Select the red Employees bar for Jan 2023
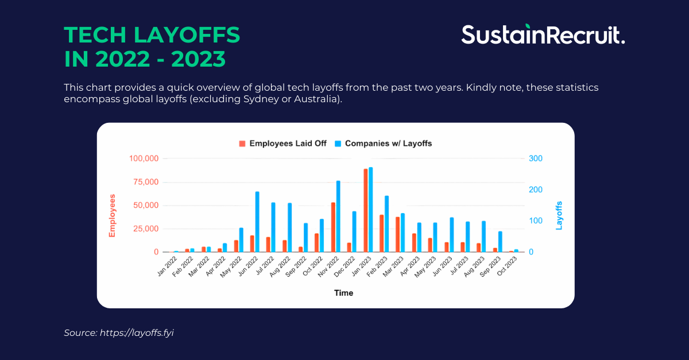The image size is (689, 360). point(366,210)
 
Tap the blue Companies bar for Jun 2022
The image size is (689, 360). point(257,222)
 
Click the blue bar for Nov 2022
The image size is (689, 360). point(338,216)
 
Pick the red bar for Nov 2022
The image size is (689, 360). point(333,227)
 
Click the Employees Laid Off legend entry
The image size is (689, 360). point(283,144)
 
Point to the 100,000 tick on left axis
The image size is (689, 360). point(143,158)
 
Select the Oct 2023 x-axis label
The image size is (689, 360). point(509,266)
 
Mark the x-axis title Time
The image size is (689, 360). point(344,293)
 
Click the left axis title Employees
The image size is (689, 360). point(113,215)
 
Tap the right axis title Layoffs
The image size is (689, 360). point(559,215)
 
